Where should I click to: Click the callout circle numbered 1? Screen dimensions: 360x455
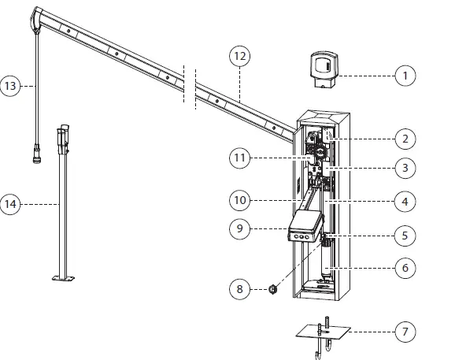pos(405,76)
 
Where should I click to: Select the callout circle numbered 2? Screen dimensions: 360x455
pos(405,139)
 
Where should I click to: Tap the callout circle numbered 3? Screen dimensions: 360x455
pos(405,169)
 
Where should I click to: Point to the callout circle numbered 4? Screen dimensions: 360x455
pos(405,202)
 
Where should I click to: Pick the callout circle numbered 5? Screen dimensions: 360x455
pos(405,235)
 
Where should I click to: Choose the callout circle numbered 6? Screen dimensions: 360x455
pos(405,268)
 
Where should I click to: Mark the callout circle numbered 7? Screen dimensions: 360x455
pos(405,332)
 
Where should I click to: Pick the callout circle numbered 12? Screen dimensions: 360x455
pos(239,57)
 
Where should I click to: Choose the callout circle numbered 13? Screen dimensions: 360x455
pos(12,85)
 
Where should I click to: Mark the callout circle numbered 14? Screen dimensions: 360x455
pos(12,205)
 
